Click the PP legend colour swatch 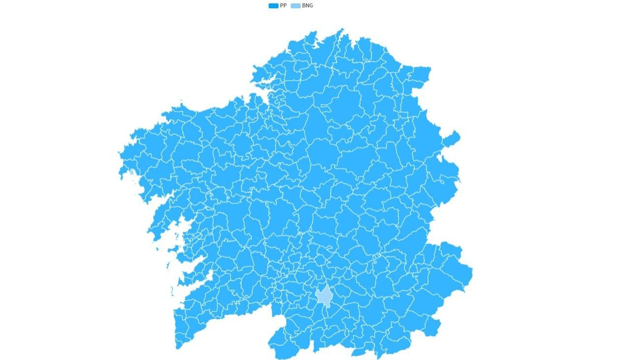point(273,6)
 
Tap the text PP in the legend point(283,6)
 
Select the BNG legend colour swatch point(295,6)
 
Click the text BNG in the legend point(307,6)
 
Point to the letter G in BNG point(311,6)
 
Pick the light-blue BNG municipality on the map point(324,296)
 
